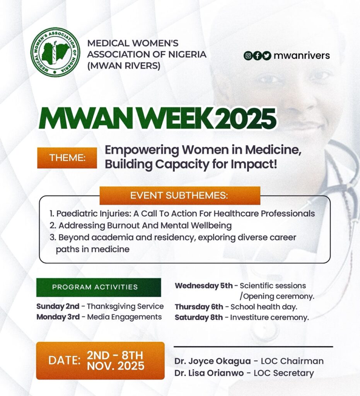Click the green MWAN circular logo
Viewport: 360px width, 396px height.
(x=55, y=52)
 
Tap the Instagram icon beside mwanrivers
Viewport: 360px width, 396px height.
(x=248, y=56)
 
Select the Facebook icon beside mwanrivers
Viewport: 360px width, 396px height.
(x=257, y=56)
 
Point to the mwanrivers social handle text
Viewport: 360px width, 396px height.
(x=302, y=56)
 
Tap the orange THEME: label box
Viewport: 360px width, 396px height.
(x=67, y=158)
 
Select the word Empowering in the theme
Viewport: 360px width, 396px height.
(x=142, y=150)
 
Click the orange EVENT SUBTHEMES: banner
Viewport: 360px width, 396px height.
(x=180, y=195)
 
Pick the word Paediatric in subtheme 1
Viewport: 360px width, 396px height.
(x=76, y=213)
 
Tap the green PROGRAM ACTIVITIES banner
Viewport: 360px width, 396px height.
(x=99, y=287)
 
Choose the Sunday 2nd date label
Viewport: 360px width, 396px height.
(x=58, y=306)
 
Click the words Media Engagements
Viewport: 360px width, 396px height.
(x=125, y=317)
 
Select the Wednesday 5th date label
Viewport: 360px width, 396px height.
(x=204, y=286)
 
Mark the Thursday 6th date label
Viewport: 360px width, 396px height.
(x=199, y=307)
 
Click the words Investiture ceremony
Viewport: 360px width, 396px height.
(x=270, y=317)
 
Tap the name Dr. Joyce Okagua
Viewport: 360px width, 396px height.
(x=213, y=361)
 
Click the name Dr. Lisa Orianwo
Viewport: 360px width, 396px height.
(x=209, y=373)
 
